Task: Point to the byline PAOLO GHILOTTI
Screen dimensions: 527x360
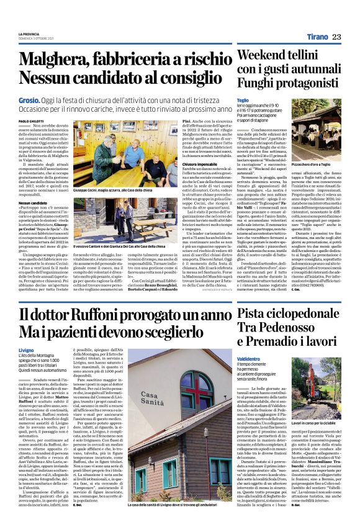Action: [32, 120]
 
